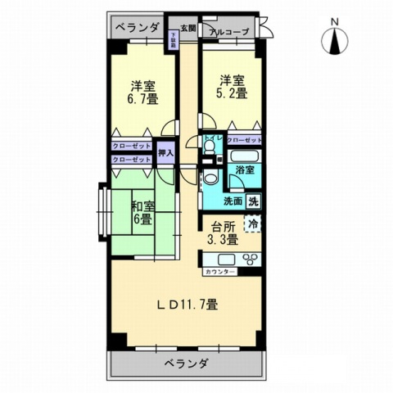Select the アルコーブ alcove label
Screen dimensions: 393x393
[x=230, y=30]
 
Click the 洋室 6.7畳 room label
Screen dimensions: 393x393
[x=143, y=90]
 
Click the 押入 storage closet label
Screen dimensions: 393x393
[x=165, y=152]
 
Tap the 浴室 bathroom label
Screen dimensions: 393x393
[x=244, y=170]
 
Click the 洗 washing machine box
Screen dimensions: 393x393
[x=254, y=201]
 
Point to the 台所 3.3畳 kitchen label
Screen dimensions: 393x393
[x=222, y=233]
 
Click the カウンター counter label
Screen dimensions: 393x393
[x=221, y=271]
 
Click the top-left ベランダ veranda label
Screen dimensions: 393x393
[x=137, y=28]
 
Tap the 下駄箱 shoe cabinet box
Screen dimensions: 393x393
[x=174, y=39]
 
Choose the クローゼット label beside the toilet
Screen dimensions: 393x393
[x=245, y=140]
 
